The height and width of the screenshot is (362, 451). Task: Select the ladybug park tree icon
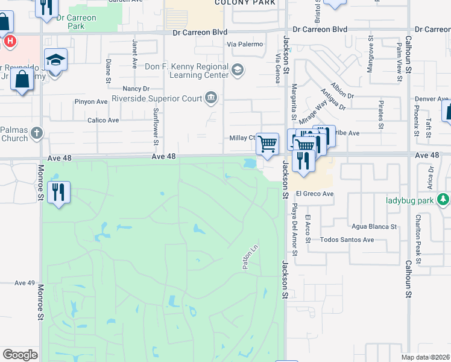point(444,199)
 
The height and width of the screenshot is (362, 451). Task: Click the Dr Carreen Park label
point(77,22)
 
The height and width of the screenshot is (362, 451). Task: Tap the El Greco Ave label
point(315,194)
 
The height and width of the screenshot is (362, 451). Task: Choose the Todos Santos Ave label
point(347,240)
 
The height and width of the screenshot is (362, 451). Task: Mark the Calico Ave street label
point(103,120)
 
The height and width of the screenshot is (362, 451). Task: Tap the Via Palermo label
point(245,44)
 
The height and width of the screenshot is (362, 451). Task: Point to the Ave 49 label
point(25,283)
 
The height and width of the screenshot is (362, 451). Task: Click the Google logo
point(20,354)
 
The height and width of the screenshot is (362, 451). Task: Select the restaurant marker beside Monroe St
point(58,192)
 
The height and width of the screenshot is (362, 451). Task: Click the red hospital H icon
point(10,42)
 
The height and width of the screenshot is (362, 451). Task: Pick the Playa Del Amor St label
point(295,220)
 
